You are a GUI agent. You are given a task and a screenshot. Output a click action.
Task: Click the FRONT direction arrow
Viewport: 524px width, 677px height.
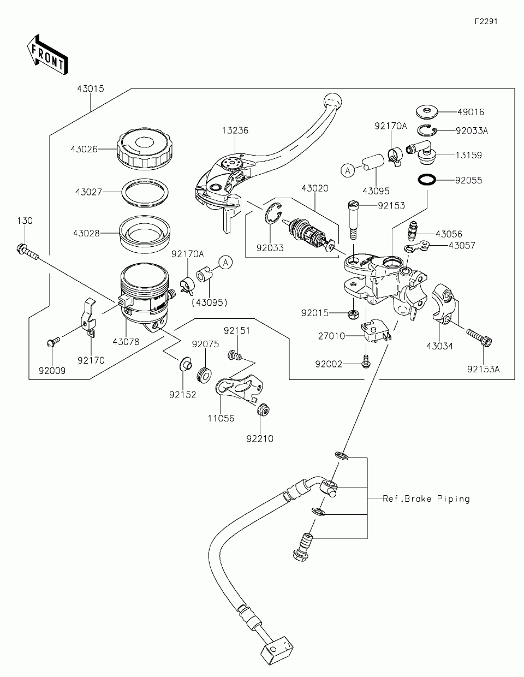tap(46, 54)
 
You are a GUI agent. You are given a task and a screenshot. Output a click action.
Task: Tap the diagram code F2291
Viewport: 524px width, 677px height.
tap(485, 22)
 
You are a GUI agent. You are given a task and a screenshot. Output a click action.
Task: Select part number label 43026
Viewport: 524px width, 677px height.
tap(84, 149)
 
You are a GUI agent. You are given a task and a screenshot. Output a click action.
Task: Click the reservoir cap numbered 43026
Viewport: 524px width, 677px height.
tap(144, 148)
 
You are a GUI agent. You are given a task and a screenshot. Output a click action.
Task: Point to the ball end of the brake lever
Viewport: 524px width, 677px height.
tap(332, 100)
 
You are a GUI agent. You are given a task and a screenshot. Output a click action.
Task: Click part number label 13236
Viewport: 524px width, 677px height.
tap(235, 130)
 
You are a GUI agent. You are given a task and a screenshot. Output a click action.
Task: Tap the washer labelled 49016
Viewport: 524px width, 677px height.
tap(426, 112)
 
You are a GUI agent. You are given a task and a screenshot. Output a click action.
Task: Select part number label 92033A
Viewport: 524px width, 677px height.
tap(472, 130)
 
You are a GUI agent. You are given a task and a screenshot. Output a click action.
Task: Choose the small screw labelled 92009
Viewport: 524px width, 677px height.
tap(52, 342)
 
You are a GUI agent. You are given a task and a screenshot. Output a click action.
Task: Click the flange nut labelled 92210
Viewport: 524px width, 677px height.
tap(261, 410)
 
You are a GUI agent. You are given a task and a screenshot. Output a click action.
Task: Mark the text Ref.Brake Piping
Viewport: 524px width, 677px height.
tap(426, 498)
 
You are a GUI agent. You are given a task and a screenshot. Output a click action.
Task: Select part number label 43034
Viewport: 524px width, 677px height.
tap(440, 346)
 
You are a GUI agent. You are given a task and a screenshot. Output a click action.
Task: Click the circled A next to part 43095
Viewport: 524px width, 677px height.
tap(347, 170)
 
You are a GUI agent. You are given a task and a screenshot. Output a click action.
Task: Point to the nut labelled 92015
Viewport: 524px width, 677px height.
tap(354, 314)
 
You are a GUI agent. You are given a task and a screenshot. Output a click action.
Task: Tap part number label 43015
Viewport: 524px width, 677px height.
tap(90, 88)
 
